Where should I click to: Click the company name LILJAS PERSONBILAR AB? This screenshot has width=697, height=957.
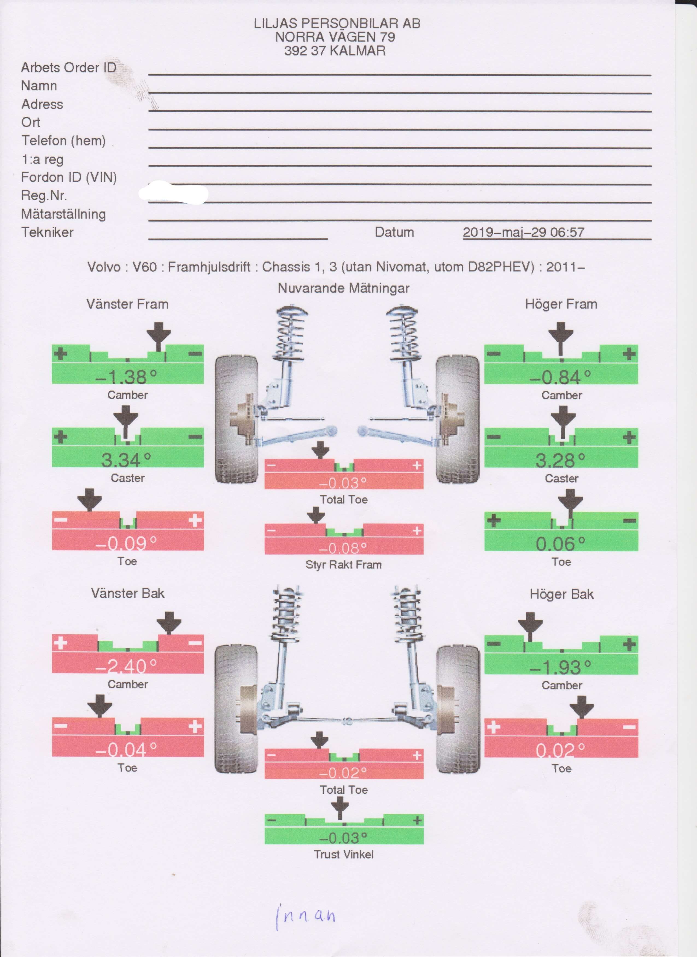[x=337, y=23]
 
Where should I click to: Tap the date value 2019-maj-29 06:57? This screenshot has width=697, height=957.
[x=523, y=232]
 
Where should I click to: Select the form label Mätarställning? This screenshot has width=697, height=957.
[x=63, y=214]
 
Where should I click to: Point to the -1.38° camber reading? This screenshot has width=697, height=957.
[x=126, y=377]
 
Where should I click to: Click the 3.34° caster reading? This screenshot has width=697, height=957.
[x=126, y=460]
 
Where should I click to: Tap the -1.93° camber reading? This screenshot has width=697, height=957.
[x=560, y=667]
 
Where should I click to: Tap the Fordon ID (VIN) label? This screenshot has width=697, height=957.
[x=69, y=177]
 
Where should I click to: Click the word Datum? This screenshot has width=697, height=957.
[x=394, y=232]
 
